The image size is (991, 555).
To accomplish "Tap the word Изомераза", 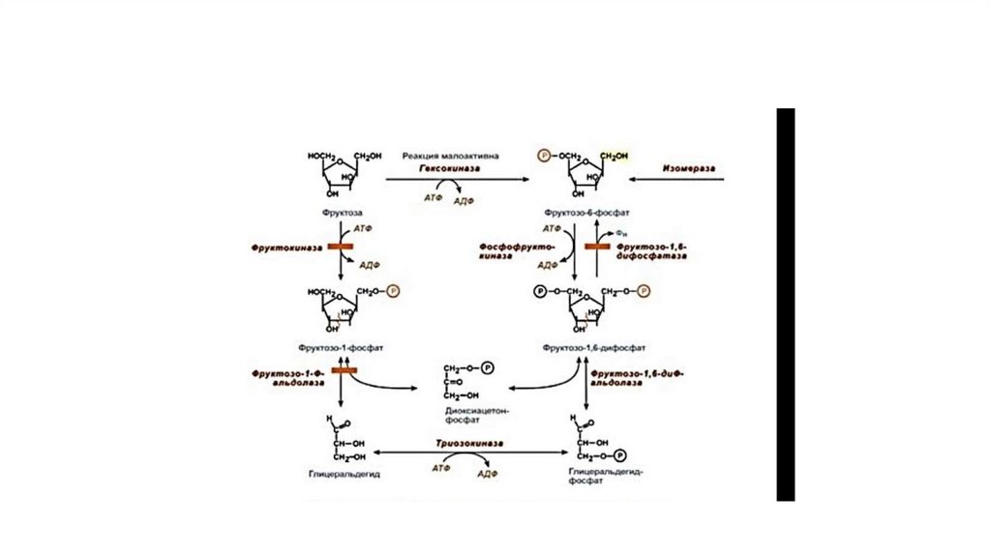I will (x=689, y=167).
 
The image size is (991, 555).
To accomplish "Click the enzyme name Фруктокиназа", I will (x=279, y=248).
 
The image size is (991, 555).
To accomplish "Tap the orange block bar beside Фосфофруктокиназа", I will (x=590, y=248).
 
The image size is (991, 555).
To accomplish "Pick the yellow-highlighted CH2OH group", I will (x=614, y=155).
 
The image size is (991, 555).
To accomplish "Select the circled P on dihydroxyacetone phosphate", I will (x=488, y=367).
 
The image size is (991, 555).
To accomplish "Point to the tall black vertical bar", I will (x=785, y=305).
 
